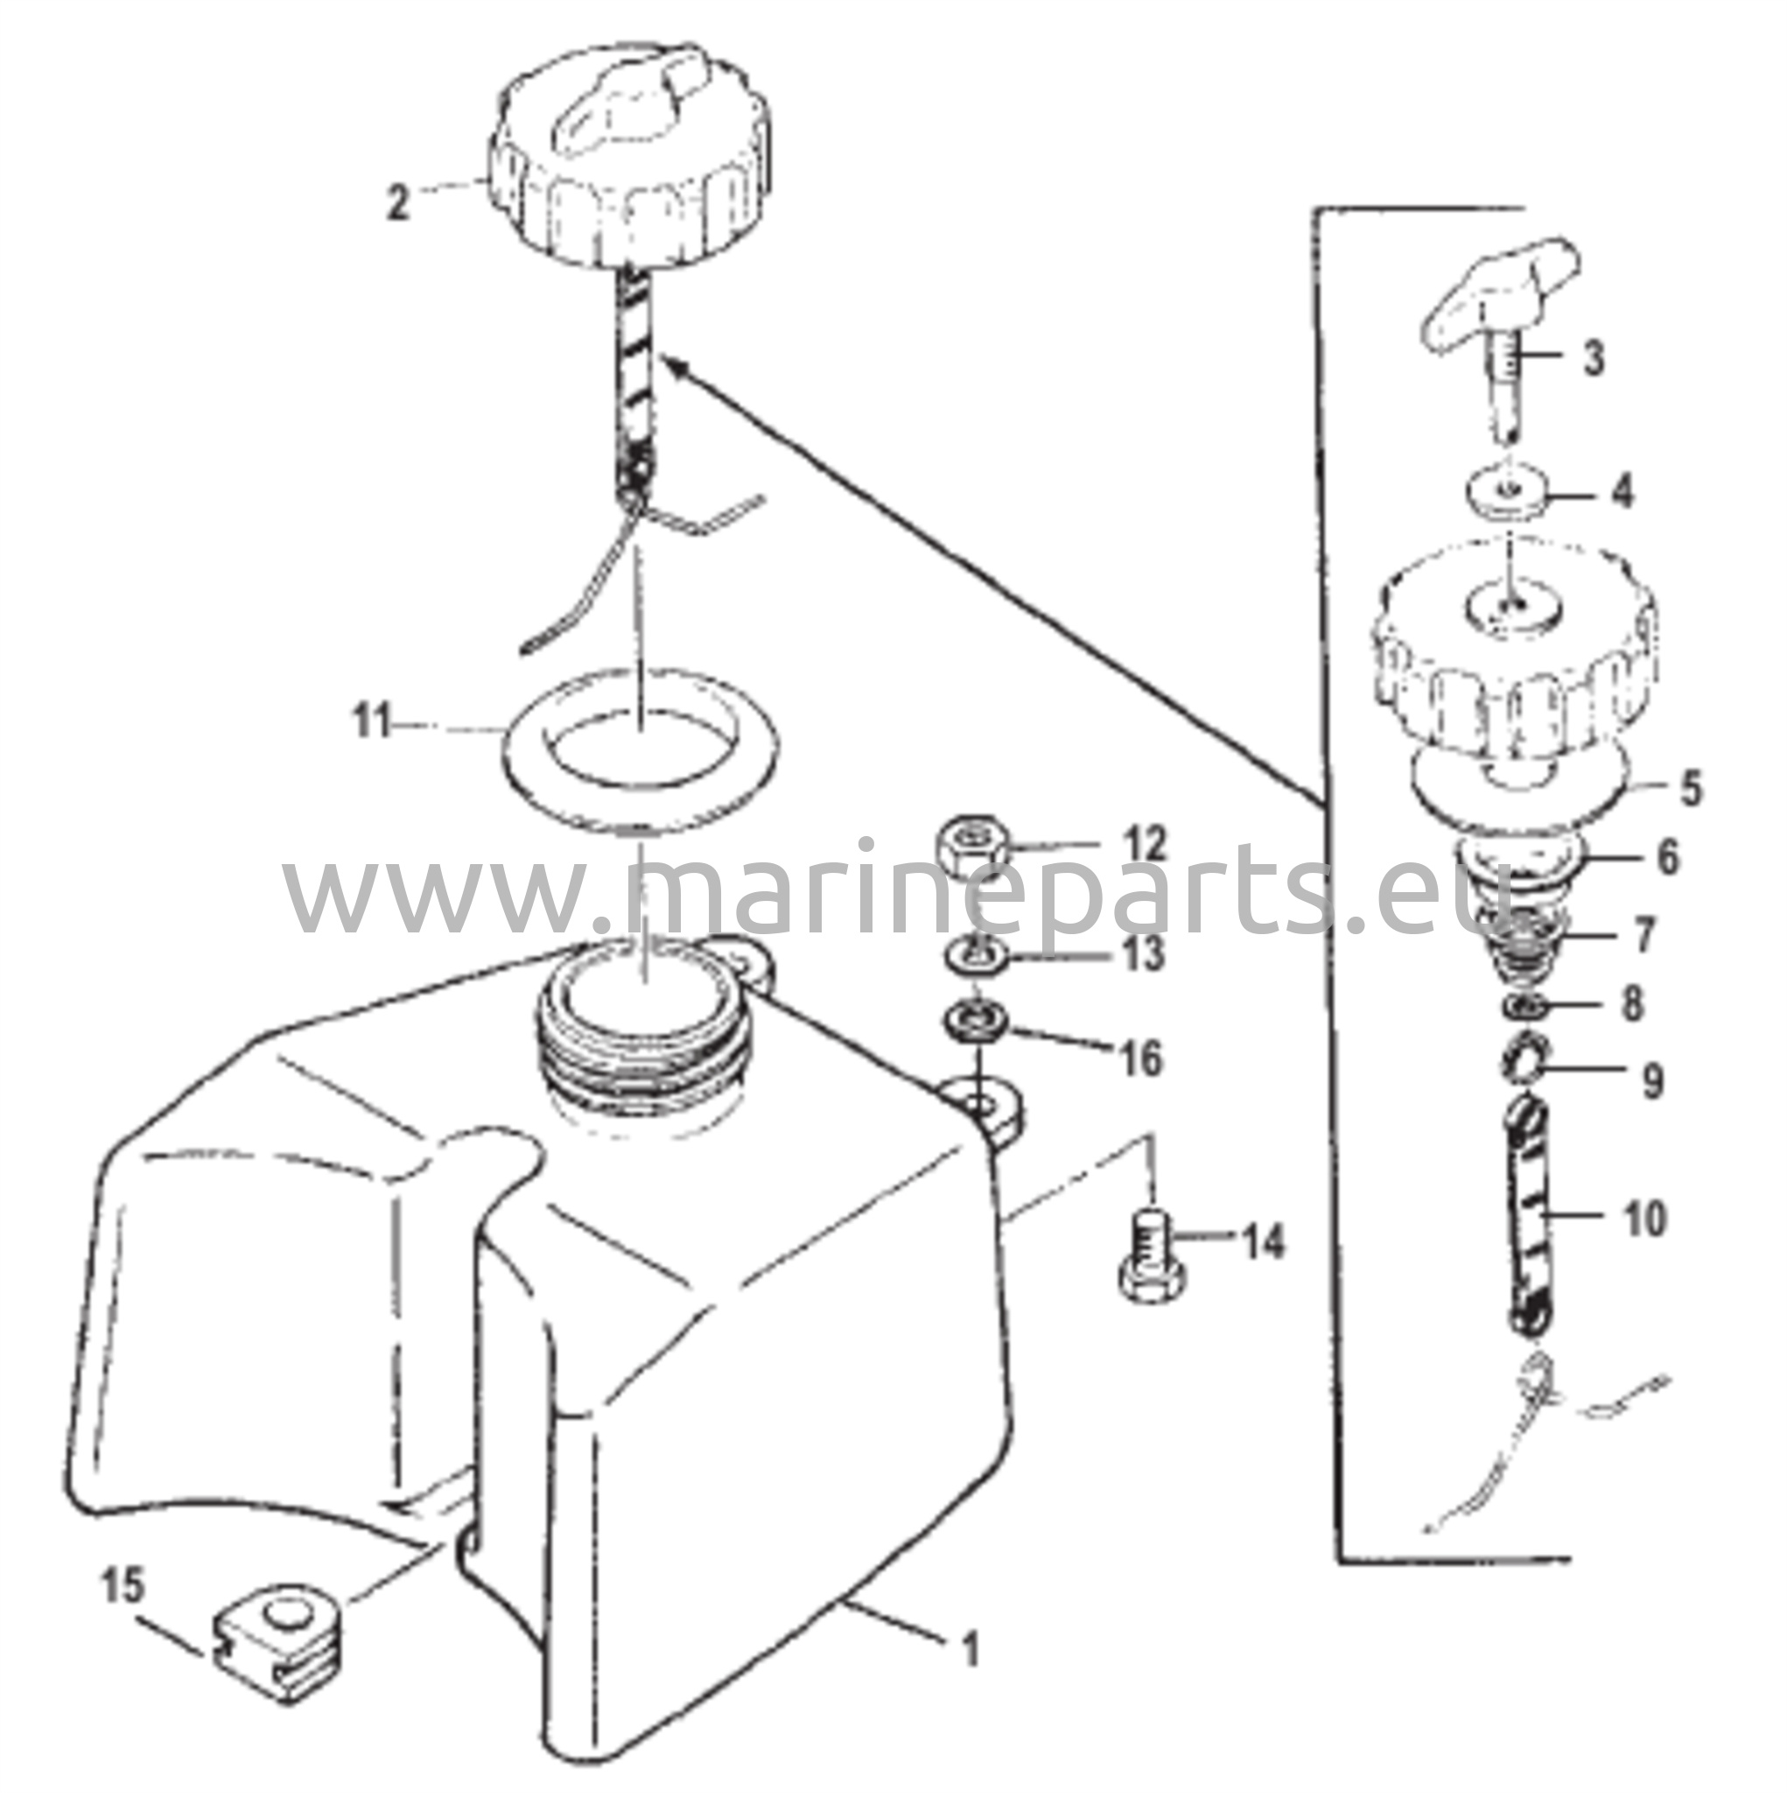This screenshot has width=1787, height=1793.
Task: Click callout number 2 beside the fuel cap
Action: point(398,202)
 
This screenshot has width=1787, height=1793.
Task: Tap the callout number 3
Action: point(1592,359)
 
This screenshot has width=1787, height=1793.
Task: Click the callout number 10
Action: point(1645,1220)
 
